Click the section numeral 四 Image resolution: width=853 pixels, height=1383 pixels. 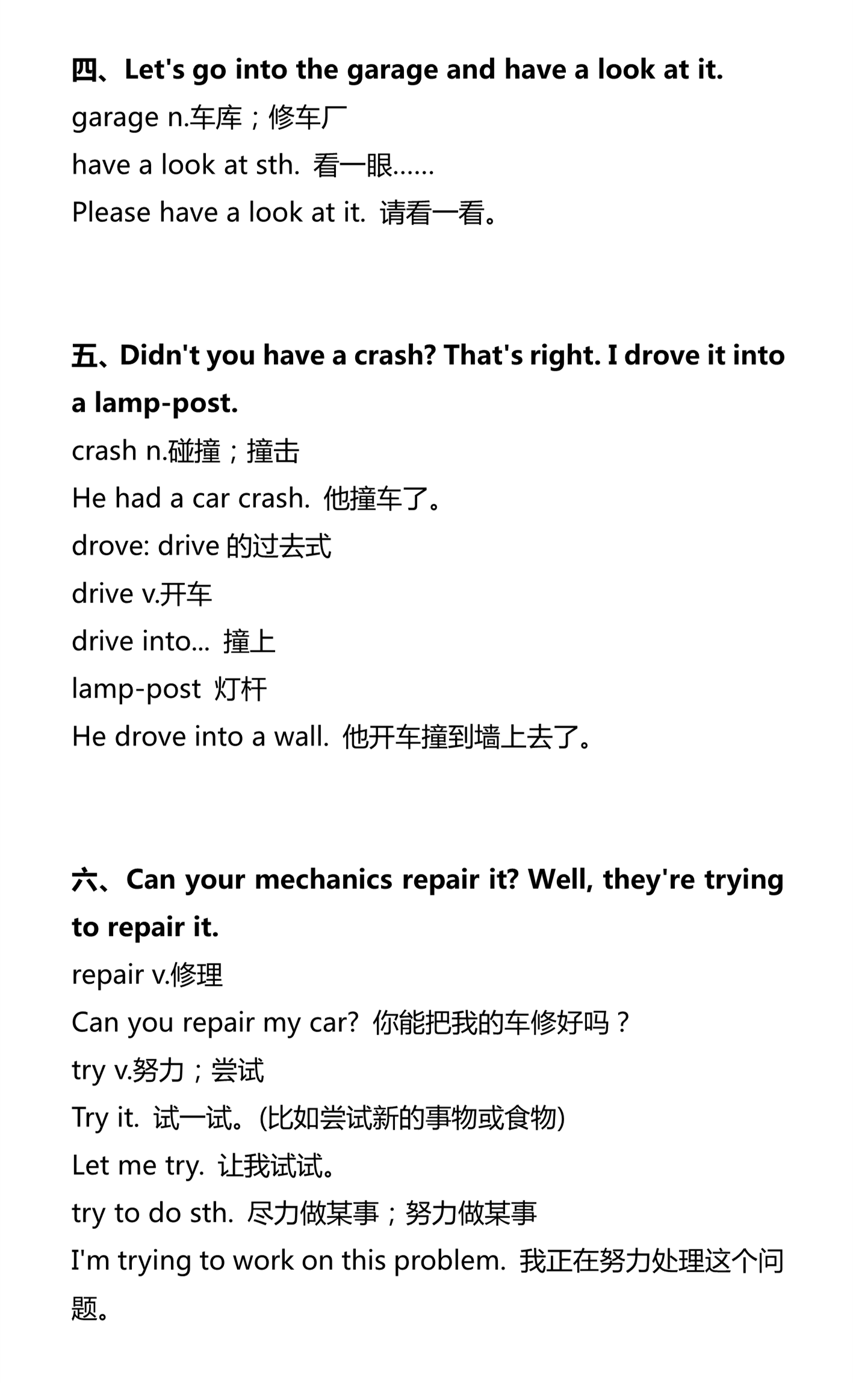point(84,70)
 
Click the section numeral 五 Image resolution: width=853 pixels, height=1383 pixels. point(84,356)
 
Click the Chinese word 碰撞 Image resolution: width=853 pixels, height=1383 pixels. point(194,451)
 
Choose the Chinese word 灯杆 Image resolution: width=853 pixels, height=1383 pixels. point(241,689)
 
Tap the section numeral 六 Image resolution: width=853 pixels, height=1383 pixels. point(84,880)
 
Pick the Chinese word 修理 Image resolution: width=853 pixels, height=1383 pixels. point(196,975)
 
